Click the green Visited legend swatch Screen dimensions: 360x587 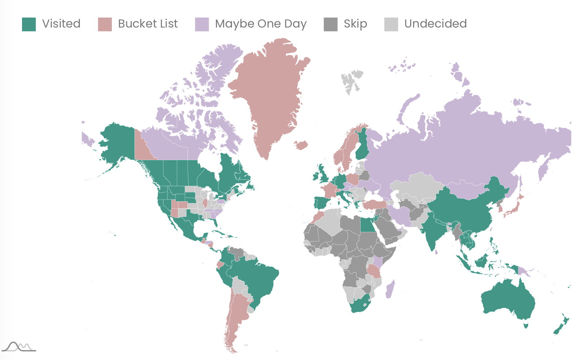[29, 24]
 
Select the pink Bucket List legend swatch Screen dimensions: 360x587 [105, 24]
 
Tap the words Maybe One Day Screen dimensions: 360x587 [260, 24]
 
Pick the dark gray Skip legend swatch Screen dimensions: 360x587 [331, 24]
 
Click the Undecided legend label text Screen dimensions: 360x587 [435, 24]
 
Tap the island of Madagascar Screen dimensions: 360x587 [390, 289]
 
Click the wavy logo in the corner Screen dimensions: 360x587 [19, 347]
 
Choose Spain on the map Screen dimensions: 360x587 [321, 203]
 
